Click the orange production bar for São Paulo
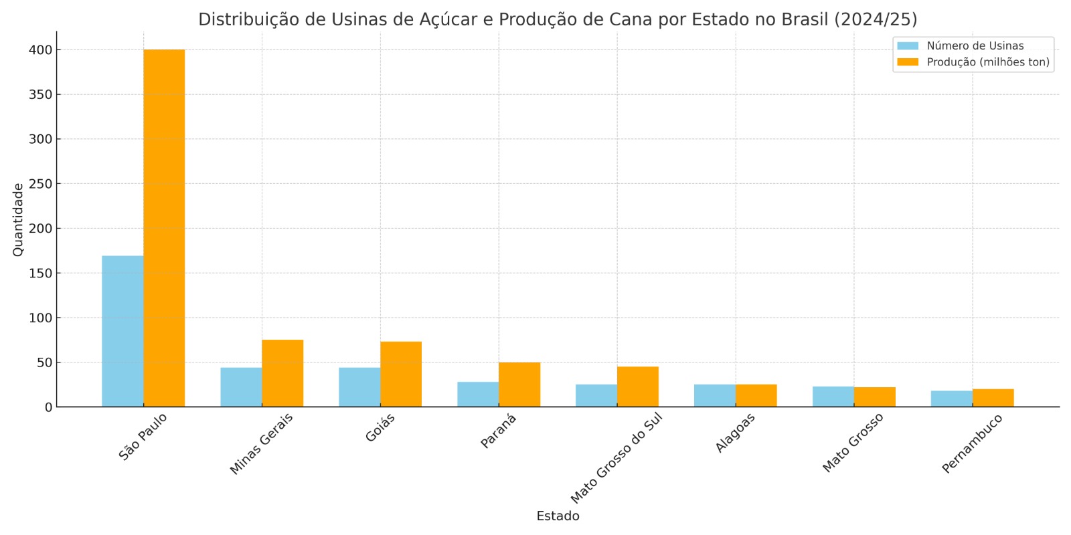(x=164, y=227)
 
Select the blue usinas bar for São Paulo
(x=122, y=331)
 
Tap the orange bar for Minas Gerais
(x=282, y=373)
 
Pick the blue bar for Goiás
(x=359, y=387)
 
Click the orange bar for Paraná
(x=519, y=385)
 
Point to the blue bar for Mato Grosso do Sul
(x=596, y=395)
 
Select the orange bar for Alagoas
(x=756, y=395)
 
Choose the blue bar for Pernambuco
(x=951, y=399)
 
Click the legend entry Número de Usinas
(x=975, y=46)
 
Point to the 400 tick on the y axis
(x=40, y=50)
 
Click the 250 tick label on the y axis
(x=40, y=184)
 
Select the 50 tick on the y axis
(x=44, y=362)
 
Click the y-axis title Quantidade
(x=18, y=219)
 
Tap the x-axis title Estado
(x=558, y=516)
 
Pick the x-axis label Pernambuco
(x=972, y=443)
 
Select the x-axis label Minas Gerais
(x=261, y=444)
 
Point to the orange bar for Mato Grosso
(x=875, y=397)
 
